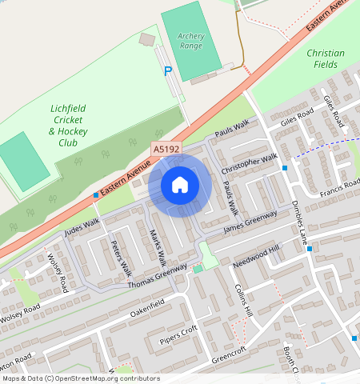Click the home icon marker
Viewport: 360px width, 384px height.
coord(180,185)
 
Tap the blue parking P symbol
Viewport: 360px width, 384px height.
coord(168,71)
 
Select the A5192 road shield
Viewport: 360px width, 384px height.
coord(166,148)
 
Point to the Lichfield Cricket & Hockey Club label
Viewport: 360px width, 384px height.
coord(68,125)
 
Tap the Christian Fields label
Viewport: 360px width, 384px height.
coord(326,58)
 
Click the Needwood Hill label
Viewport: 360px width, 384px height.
coord(257,257)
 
